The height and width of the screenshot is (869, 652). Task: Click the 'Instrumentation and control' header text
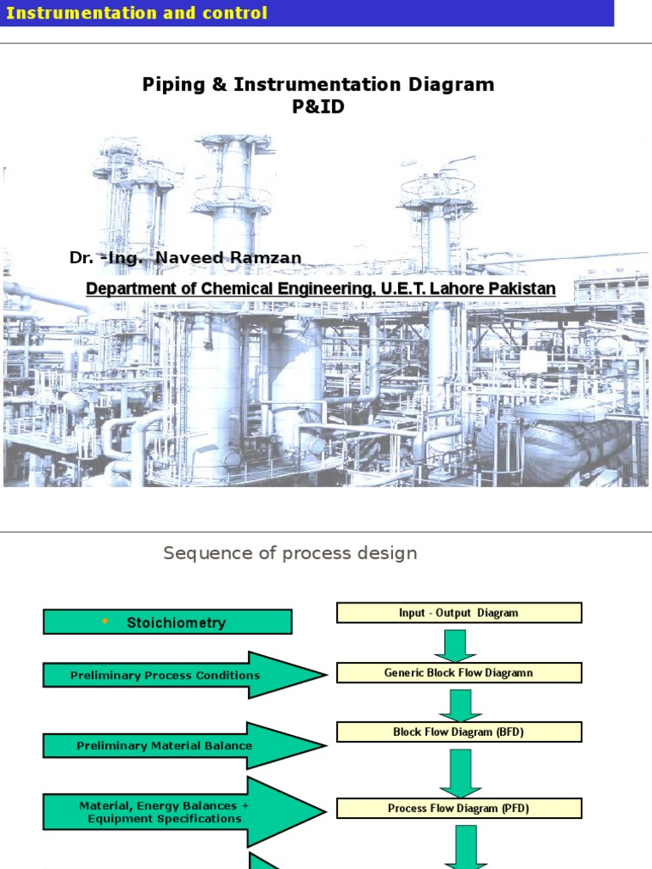[x=137, y=13]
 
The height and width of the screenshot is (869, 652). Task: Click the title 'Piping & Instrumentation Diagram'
[x=318, y=85]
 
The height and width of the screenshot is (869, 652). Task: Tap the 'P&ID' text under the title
[x=318, y=108]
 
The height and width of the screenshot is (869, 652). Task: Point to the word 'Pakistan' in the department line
[x=526, y=289]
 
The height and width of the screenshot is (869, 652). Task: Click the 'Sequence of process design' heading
[x=289, y=553]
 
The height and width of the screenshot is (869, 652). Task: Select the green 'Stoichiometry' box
[x=168, y=622]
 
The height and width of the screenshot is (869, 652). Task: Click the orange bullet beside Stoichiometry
[x=105, y=621]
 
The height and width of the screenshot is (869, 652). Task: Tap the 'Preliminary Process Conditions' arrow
[x=183, y=676]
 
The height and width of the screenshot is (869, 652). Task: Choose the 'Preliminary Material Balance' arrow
[x=183, y=746]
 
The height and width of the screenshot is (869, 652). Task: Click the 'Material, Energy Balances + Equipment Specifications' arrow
[x=183, y=812]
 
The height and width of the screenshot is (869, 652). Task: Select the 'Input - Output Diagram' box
[x=458, y=613]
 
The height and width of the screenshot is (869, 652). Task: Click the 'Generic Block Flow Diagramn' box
[x=458, y=673]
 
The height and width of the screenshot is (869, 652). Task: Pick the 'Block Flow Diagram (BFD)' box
[x=458, y=732]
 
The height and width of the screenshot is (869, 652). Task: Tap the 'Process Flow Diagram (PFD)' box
[x=458, y=808]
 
